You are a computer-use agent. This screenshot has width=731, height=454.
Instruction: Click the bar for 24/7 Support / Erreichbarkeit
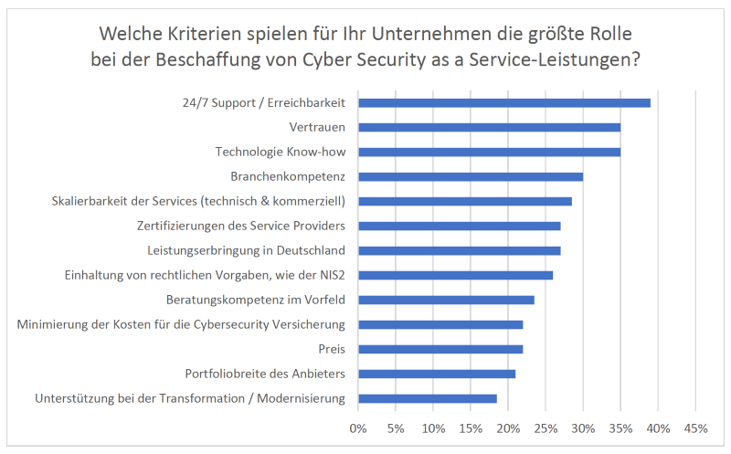[503, 102]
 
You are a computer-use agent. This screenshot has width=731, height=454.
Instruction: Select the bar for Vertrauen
[489, 127]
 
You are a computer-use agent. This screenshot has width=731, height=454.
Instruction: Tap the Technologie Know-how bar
[489, 152]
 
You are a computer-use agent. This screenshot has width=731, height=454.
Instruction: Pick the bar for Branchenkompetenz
[470, 176]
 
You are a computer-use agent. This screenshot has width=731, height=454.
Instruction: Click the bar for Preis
[440, 349]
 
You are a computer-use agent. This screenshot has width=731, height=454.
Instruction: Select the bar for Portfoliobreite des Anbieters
[437, 374]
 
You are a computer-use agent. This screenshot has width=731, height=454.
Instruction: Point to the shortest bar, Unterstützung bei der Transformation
[427, 398]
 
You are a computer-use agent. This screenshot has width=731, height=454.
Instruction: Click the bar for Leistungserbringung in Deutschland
[459, 250]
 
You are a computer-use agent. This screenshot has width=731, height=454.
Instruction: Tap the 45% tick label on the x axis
[695, 428]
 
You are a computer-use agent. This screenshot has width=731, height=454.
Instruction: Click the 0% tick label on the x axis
[358, 428]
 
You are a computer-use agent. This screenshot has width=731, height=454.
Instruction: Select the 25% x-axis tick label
[546, 428]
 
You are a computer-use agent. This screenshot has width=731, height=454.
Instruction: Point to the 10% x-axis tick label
[433, 428]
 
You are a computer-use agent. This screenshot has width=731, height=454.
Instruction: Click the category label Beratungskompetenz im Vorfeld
[255, 300]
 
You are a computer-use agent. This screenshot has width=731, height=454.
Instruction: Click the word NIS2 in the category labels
[330, 275]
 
